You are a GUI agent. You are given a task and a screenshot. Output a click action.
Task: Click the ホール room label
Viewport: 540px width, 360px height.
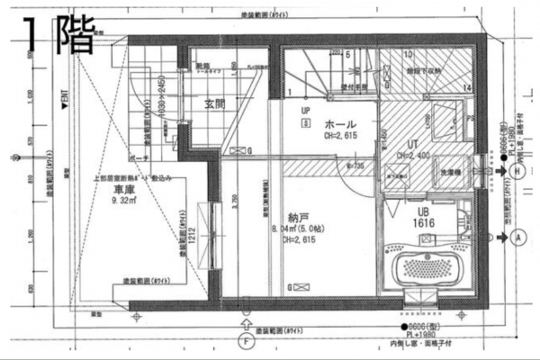click(341, 124)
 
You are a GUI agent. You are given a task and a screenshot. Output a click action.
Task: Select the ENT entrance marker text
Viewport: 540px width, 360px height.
click(64, 94)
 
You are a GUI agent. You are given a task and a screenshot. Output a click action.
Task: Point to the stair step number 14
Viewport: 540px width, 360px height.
click(466, 86)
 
